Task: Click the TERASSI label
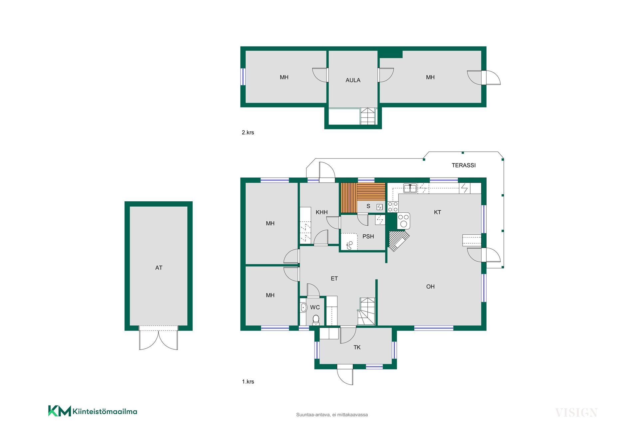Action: tap(463, 165)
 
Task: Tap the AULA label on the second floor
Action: tap(353, 80)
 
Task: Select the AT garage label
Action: tap(159, 268)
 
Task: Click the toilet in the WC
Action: tap(316, 320)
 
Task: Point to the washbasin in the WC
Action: tap(304, 308)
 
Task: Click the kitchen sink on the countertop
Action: tap(410, 188)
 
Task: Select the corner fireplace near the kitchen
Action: tap(399, 241)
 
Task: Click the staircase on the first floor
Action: tap(366, 312)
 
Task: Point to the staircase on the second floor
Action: tap(368, 116)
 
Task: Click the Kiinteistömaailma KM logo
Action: tap(93, 411)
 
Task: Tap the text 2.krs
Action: tap(248, 132)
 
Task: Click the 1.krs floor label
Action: tap(248, 382)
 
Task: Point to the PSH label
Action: tap(368, 237)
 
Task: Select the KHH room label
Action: tap(321, 212)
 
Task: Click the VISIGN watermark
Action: tap(576, 413)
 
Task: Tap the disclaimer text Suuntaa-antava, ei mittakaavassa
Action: tap(332, 415)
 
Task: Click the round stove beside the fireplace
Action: tap(404, 221)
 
